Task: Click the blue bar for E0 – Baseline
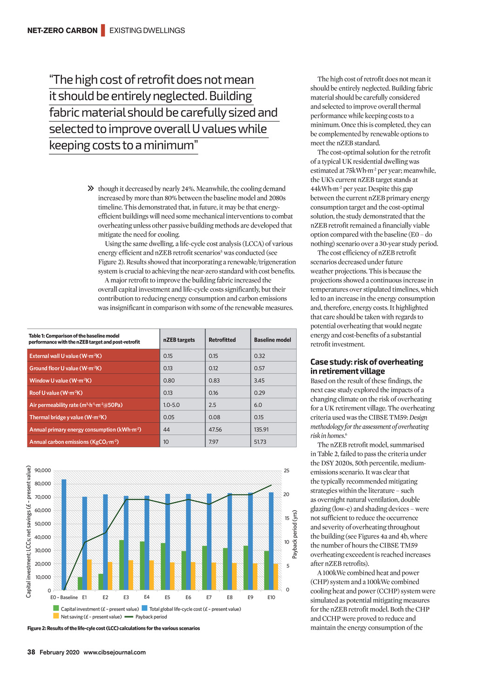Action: (x=64, y=535)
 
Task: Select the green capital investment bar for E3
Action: (x=122, y=565)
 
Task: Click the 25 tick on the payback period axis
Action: (x=286, y=471)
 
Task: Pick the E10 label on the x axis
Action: (x=271, y=597)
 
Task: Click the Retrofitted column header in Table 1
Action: (x=222, y=340)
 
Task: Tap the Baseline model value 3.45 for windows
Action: (x=259, y=380)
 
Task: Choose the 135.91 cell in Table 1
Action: (x=261, y=430)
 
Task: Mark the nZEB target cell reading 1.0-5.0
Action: (x=171, y=405)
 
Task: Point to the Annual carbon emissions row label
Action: (x=74, y=442)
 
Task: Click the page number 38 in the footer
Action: (x=31, y=652)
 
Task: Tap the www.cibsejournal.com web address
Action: (x=115, y=652)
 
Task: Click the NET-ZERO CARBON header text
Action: (x=62, y=31)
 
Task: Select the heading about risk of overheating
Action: (x=367, y=366)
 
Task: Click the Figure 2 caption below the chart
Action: (x=114, y=628)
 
